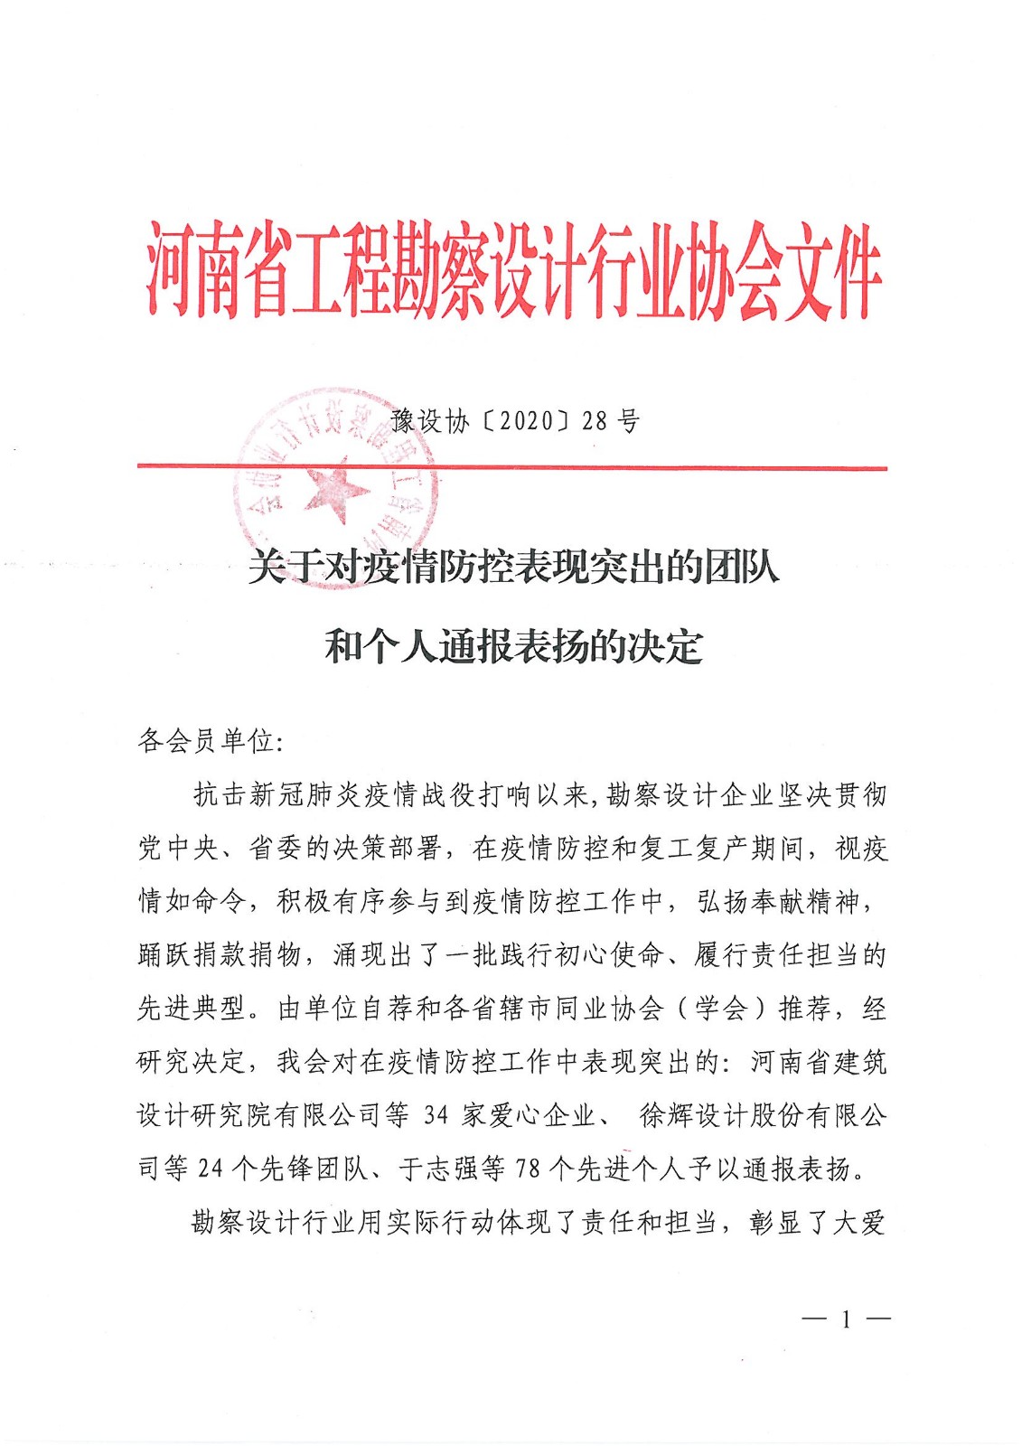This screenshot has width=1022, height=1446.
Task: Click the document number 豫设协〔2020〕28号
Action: coord(515,421)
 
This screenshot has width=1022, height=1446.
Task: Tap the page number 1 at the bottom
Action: coord(846,1320)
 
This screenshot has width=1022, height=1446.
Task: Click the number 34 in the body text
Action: coord(436,1115)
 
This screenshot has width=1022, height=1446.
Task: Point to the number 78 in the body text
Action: coord(528,1169)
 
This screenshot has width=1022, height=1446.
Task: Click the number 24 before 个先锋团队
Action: coord(210,1169)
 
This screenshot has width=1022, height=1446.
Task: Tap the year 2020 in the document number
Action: coord(525,421)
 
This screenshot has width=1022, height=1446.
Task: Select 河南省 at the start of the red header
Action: coord(217,271)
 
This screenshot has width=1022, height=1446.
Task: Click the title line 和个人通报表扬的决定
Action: coord(513,647)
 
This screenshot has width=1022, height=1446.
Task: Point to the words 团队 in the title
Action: coord(742,568)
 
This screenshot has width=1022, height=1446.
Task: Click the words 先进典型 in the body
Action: coord(192,1009)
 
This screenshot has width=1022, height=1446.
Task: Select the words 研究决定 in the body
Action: coord(192,1062)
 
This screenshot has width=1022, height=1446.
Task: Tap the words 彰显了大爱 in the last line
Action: coord(817,1223)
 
